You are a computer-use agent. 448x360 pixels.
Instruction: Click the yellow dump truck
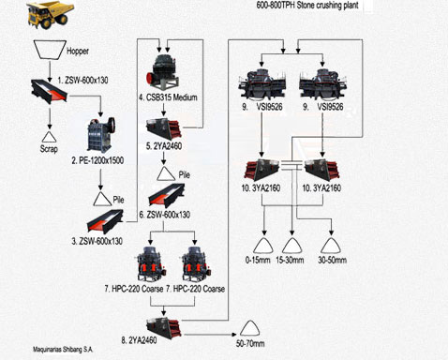click(x=51, y=15)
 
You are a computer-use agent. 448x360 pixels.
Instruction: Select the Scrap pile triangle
click(x=49, y=137)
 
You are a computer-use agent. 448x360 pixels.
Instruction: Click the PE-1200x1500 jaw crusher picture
click(x=101, y=135)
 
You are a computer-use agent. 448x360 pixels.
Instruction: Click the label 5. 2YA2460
click(x=164, y=146)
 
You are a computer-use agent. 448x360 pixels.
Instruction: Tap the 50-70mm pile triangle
click(x=250, y=329)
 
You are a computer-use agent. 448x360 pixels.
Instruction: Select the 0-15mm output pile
click(x=263, y=246)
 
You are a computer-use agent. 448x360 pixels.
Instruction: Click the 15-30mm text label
click(x=290, y=260)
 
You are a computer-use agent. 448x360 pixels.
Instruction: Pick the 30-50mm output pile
click(x=331, y=246)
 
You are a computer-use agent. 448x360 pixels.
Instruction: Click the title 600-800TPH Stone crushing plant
click(x=307, y=6)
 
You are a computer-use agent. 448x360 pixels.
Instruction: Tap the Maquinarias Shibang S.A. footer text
click(x=63, y=350)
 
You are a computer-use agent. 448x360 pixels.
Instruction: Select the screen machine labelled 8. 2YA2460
click(x=164, y=328)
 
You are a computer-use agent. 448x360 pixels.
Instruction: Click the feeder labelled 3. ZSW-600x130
click(x=105, y=221)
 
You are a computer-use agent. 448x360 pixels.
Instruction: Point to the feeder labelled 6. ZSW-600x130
click(x=166, y=196)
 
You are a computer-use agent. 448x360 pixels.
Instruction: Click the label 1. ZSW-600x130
click(x=82, y=81)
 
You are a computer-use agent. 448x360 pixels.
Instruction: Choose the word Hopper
click(x=78, y=51)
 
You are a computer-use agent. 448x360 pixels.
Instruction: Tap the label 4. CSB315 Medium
click(x=168, y=97)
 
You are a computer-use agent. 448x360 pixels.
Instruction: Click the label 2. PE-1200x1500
click(x=97, y=160)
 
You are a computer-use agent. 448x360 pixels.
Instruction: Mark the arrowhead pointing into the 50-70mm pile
click(x=234, y=335)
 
